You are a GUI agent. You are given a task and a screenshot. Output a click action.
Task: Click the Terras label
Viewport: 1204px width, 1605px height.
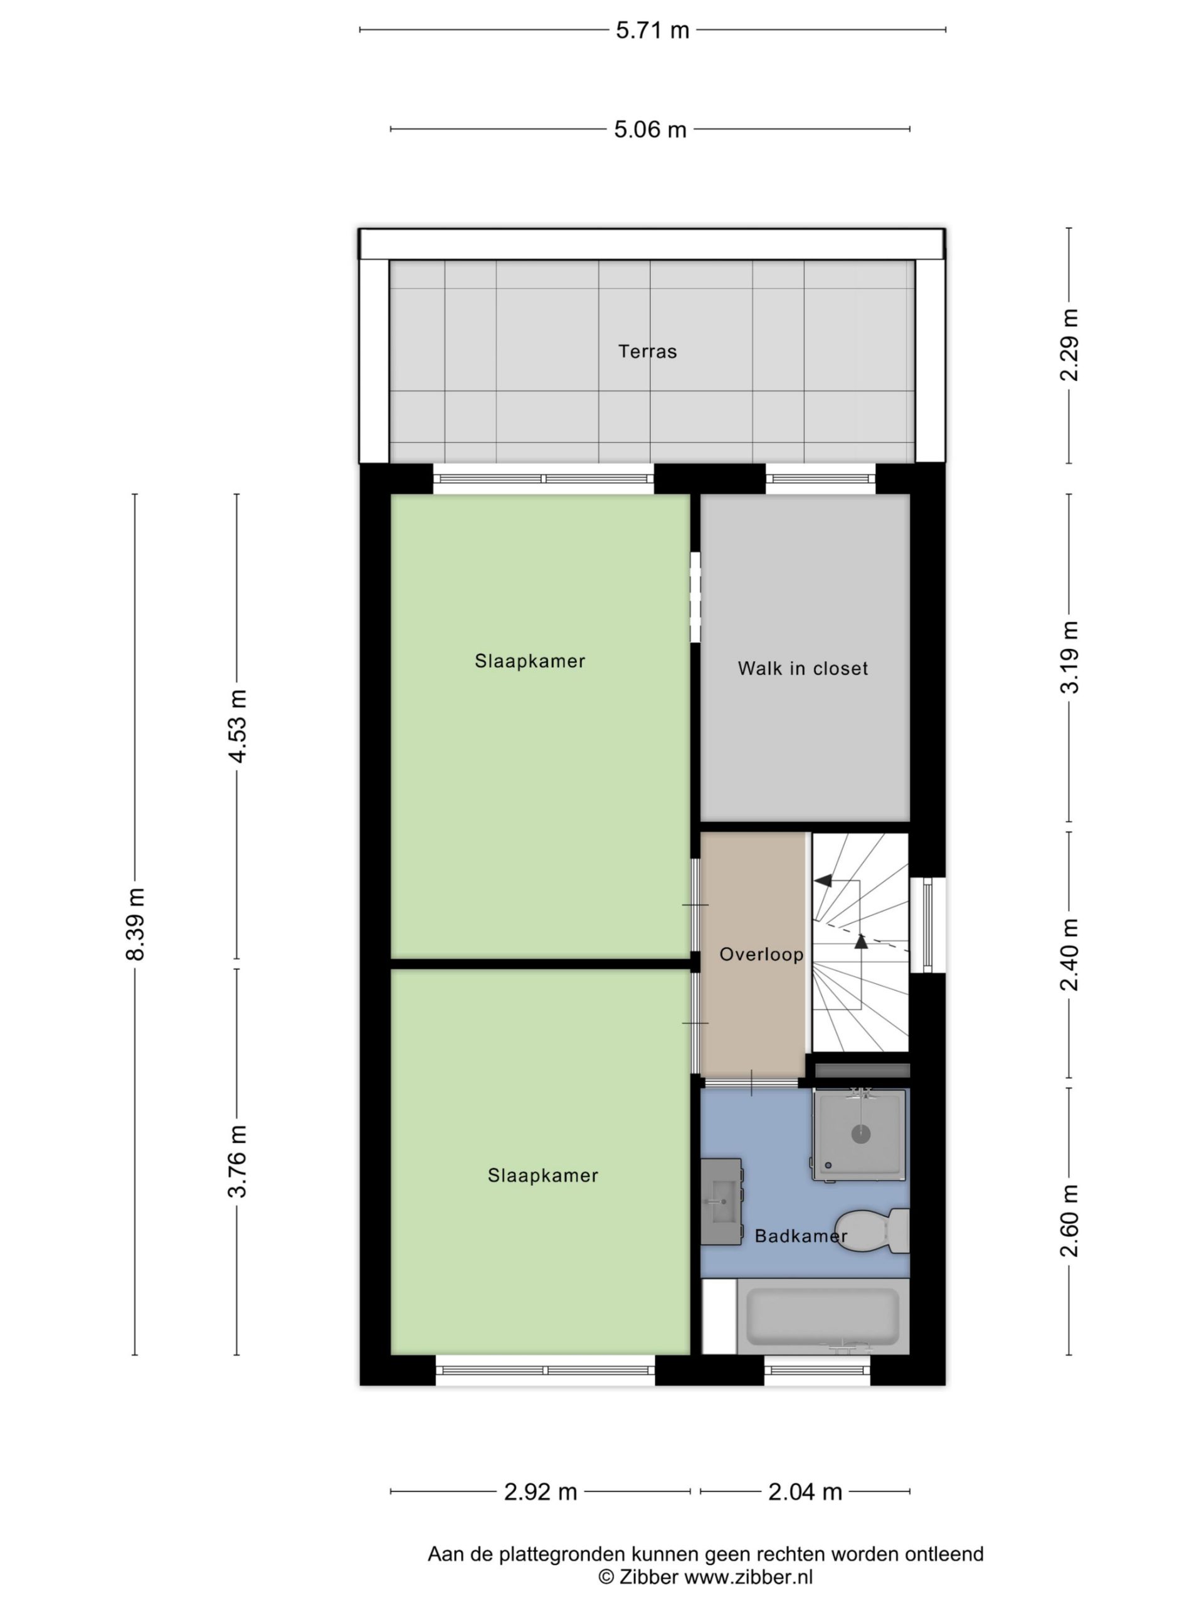[x=647, y=351]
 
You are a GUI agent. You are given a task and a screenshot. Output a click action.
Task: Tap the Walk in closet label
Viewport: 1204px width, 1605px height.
[x=802, y=668]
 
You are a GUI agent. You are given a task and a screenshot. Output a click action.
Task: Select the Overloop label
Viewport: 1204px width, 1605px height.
[x=761, y=954]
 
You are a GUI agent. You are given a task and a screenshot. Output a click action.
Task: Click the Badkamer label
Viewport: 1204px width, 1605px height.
[x=801, y=1235]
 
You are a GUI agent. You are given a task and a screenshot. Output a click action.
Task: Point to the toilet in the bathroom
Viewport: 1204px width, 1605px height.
[x=871, y=1230]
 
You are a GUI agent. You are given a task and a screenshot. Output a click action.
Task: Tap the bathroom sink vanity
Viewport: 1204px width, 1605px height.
[x=721, y=1201]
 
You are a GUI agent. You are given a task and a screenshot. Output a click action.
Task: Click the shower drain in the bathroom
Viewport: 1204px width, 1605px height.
[x=860, y=1134]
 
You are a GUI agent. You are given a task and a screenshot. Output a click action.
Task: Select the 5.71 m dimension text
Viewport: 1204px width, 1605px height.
[x=652, y=31]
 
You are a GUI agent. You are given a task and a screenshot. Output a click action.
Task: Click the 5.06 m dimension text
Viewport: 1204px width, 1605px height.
[x=650, y=129]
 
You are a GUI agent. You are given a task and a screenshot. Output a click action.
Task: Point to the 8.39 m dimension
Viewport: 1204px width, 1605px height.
[x=135, y=924]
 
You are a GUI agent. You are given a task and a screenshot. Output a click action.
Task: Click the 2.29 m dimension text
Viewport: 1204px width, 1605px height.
[x=1069, y=345]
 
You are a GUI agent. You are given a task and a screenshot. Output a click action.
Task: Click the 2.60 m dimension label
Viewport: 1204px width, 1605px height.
[x=1069, y=1221]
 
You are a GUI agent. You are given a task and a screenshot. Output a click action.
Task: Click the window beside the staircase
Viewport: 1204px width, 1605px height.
[x=927, y=925]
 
